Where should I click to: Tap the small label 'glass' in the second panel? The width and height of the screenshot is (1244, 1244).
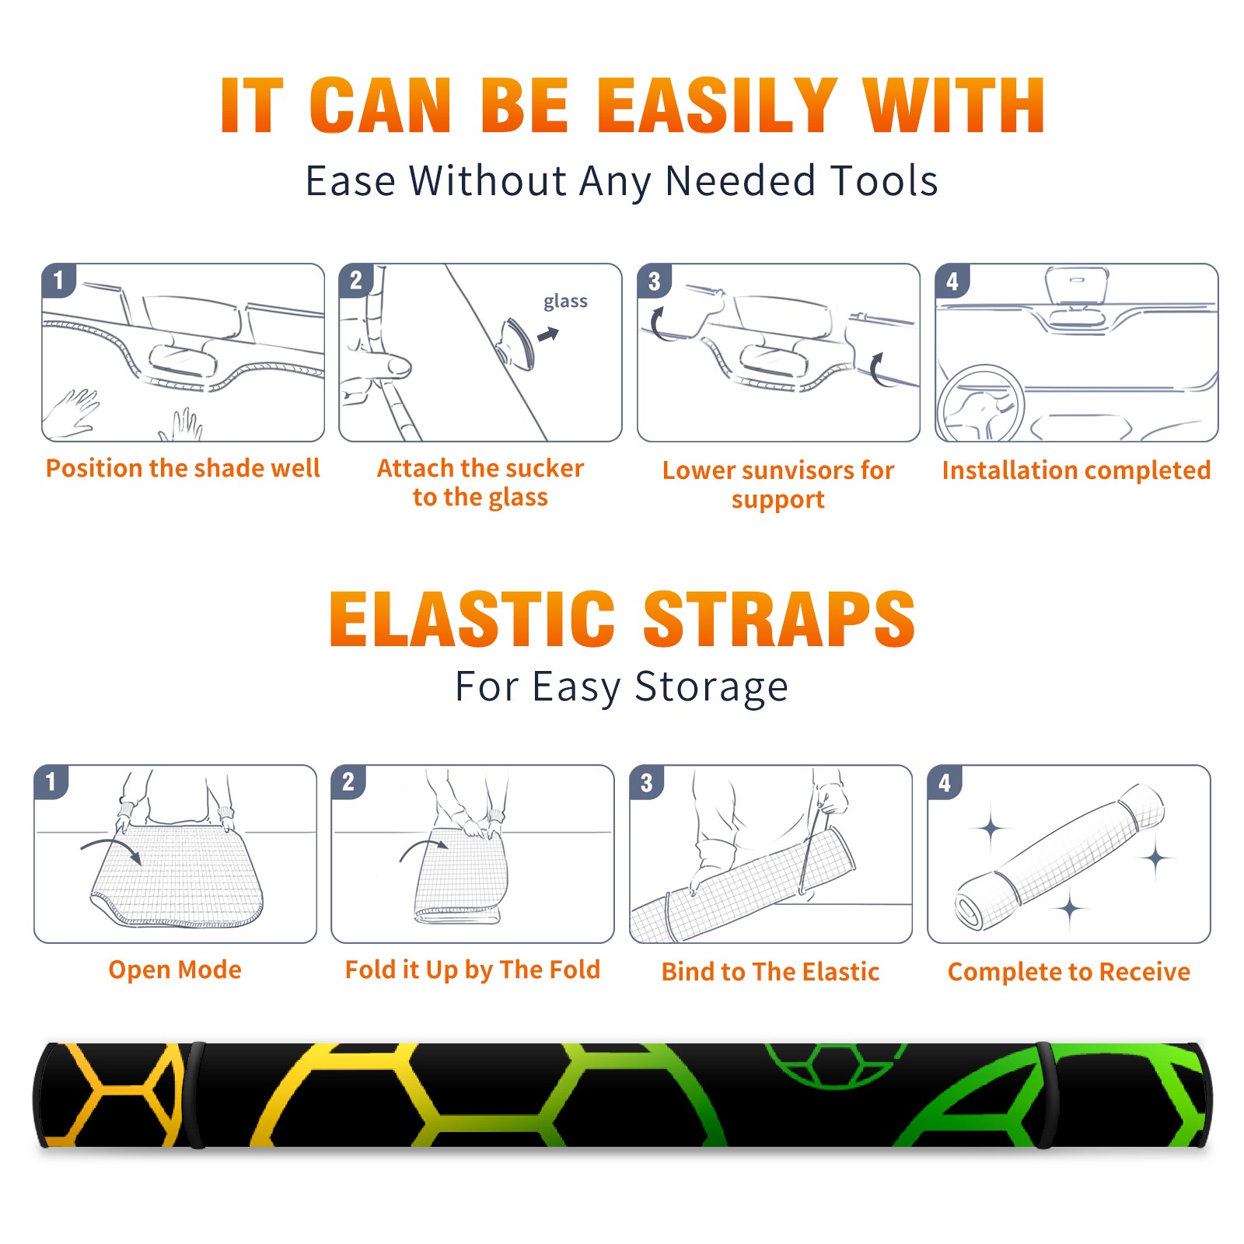tap(565, 302)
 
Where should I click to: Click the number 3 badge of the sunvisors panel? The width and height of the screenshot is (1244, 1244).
tap(654, 281)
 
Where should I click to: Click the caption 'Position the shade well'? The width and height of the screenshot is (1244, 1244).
tap(183, 468)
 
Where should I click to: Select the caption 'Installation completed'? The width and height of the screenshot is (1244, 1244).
tap(1076, 470)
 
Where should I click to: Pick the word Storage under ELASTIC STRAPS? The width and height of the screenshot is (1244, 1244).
tap(711, 687)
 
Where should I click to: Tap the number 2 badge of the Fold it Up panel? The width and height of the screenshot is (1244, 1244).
tap(348, 781)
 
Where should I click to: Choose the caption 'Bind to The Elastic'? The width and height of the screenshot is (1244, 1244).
tap(771, 972)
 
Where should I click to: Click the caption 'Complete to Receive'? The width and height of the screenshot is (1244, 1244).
tap(1069, 972)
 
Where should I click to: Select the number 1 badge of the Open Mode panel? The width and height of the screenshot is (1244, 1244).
tap(51, 781)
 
